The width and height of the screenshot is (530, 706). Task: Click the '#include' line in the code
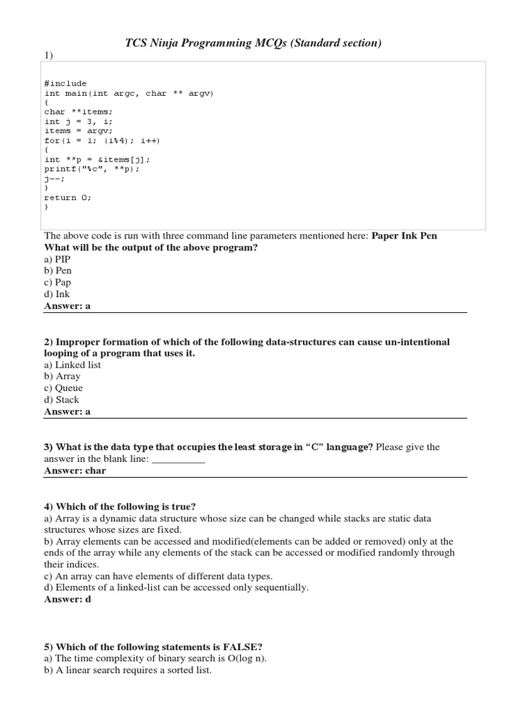[x=66, y=83]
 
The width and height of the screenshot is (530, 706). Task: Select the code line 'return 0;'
[x=68, y=196]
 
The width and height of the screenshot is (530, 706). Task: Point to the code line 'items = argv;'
[x=78, y=130]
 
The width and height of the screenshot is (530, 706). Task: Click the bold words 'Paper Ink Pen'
[x=404, y=236]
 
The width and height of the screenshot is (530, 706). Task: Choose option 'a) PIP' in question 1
[x=57, y=259]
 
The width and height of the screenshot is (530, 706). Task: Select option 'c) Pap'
[x=57, y=282]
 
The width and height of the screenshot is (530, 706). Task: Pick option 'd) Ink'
[x=57, y=294]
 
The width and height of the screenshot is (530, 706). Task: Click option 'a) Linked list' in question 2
[x=72, y=365]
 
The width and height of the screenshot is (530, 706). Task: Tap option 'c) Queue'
[x=63, y=388]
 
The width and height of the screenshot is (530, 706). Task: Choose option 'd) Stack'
[x=61, y=400]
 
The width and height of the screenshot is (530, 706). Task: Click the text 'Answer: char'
[x=75, y=470]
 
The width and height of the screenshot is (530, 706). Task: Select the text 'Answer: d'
[x=68, y=599]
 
